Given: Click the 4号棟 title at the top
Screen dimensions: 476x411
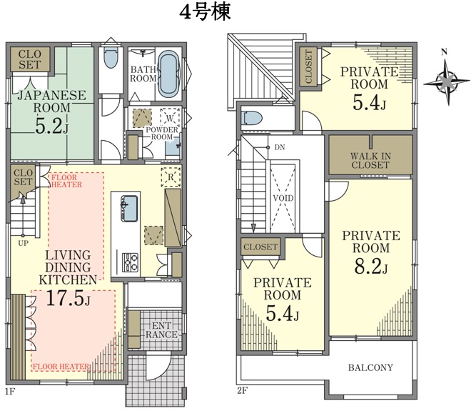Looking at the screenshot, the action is (206, 13).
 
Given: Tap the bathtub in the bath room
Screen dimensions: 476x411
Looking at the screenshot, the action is (169, 74).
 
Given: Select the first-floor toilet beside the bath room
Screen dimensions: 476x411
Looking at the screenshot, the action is (110, 57).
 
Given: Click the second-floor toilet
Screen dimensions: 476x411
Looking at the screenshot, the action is (251, 119).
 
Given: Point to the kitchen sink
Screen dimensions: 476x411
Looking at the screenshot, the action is (129, 209).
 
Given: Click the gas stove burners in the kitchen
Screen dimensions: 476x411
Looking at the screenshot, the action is (130, 262).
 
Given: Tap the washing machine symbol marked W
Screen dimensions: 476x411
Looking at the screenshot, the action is (170, 118).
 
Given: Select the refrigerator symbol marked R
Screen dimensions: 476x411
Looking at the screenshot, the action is (171, 177).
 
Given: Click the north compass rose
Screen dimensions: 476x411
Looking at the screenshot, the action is (447, 81).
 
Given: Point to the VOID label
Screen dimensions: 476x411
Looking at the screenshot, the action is (283, 199).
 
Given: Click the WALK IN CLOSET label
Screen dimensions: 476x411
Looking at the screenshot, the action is (370, 161).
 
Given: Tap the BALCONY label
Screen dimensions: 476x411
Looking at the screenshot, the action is (370, 367).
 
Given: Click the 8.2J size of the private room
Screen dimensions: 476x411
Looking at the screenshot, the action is (371, 267).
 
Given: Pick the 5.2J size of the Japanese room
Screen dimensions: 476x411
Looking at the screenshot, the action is (51, 127).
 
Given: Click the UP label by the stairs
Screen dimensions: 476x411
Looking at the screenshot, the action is (23, 243).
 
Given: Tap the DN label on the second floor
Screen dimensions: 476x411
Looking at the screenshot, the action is (280, 147).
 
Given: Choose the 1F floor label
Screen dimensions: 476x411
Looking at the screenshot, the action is (10, 391).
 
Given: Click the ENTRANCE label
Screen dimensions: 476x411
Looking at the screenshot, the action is (161, 330).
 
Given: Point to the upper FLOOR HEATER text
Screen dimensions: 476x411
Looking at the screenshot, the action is (66, 181).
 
